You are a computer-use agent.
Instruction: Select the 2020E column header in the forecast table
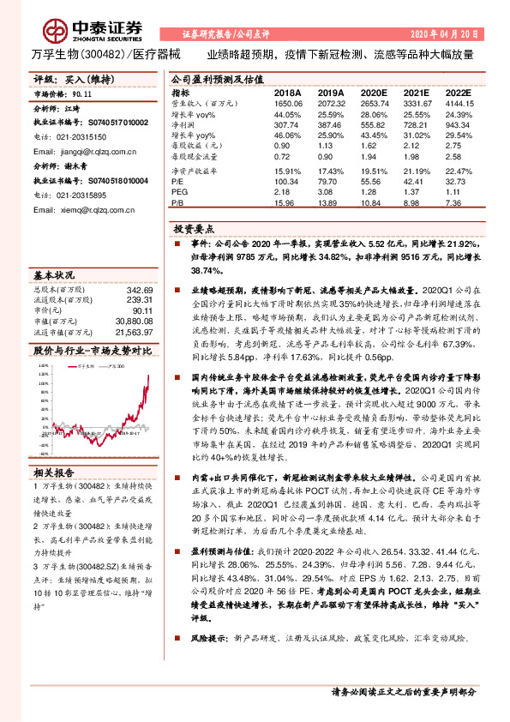click(x=373, y=93)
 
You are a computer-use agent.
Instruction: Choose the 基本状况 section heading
click(x=52, y=276)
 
